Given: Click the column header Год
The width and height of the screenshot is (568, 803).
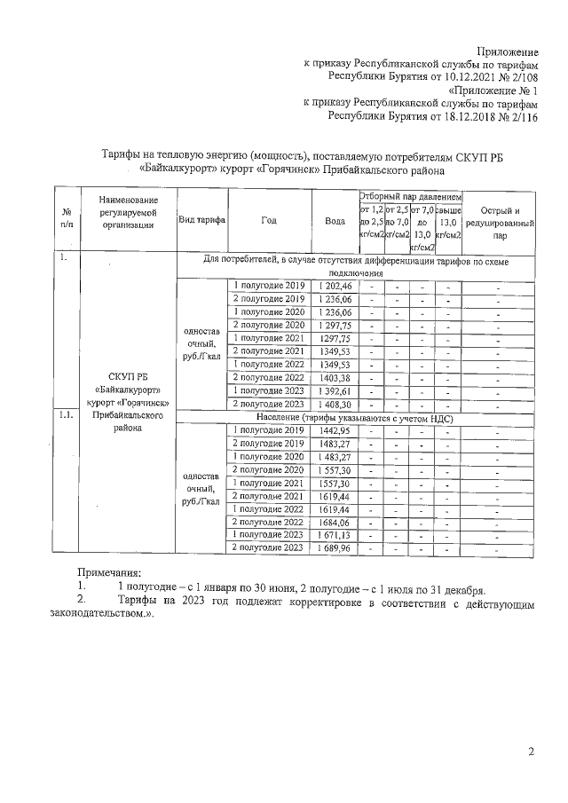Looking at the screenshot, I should click(x=268, y=222).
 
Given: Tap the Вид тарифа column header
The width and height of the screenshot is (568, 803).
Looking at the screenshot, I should click(x=201, y=222).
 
